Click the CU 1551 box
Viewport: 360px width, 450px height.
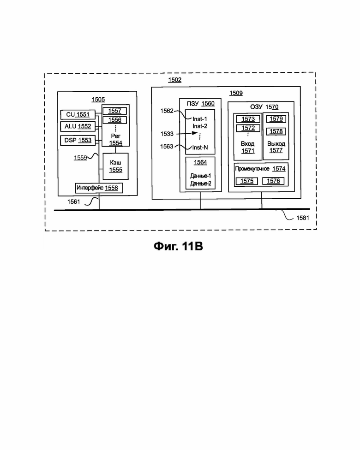click(78, 114)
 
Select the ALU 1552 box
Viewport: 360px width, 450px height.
click(78, 126)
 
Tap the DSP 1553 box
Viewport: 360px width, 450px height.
click(78, 140)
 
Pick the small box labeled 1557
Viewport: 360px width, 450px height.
click(114, 111)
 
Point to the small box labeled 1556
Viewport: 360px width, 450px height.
click(114, 120)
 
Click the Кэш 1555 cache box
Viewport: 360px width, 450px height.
click(115, 166)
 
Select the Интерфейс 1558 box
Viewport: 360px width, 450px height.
click(99, 188)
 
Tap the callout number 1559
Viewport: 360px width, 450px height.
click(80, 158)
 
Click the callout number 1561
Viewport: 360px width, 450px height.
click(73, 202)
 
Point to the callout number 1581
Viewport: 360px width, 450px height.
click(302, 218)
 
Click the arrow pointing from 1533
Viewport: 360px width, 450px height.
click(187, 133)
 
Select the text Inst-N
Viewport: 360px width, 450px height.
click(200, 148)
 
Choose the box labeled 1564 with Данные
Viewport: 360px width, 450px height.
click(200, 173)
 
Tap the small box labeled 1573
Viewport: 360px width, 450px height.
click(248, 119)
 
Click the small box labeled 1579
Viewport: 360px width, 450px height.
click(276, 119)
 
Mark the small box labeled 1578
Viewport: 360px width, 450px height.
click(276, 131)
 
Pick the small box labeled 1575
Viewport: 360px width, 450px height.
click(247, 181)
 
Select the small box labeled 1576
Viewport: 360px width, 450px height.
click(273, 181)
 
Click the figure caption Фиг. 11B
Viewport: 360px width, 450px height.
click(178, 247)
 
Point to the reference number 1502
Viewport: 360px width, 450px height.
click(174, 80)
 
